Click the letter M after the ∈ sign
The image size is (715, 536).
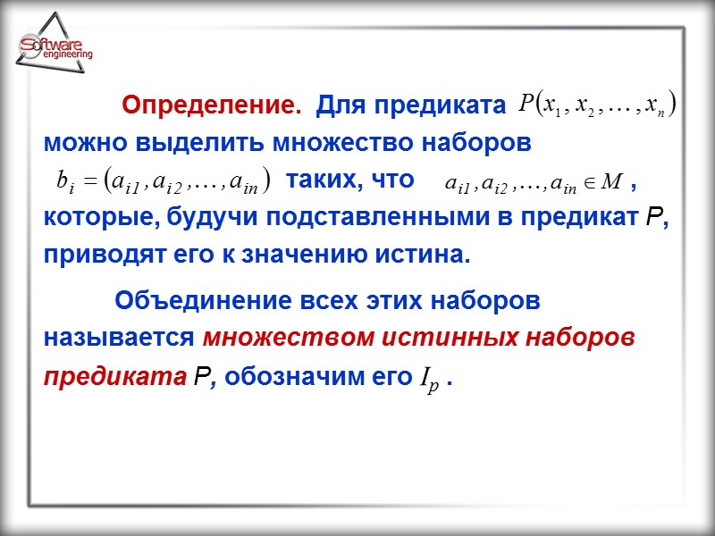click(x=611, y=182)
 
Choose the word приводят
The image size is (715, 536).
click(x=98, y=255)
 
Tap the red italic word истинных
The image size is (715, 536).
click(x=442, y=339)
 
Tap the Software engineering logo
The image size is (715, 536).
click(x=55, y=49)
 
